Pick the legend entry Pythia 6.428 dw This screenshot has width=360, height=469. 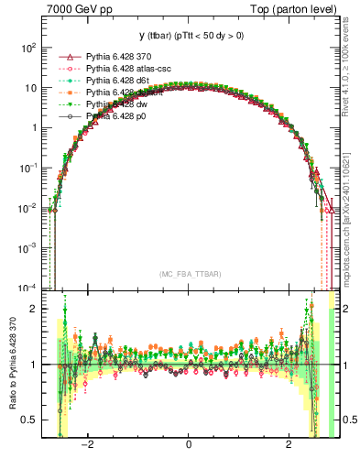click(113, 104)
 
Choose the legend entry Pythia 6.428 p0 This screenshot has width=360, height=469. click(113, 116)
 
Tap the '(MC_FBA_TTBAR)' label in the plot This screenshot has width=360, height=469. click(189, 274)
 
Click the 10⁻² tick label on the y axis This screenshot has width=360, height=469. click(28, 208)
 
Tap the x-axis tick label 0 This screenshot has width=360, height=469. click(189, 450)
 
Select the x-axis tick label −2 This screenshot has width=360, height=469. click(88, 450)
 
